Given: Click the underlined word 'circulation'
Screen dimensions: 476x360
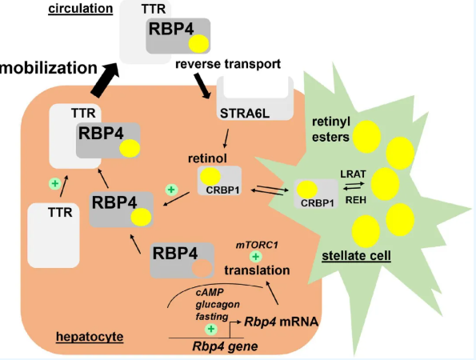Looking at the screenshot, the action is [81, 8].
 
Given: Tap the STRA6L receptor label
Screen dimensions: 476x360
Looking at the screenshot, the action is [245, 114].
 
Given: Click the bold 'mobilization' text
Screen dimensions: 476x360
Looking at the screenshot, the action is [49, 68].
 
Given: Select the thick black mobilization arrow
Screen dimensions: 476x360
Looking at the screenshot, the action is [104, 80].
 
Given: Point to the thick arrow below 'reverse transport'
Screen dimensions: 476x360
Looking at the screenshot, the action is [202, 86].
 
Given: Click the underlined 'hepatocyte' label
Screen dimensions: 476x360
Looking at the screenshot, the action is [90, 337].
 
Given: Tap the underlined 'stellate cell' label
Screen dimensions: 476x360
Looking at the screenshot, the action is [356, 255].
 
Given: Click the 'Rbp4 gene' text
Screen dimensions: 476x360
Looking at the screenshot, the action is [226, 346].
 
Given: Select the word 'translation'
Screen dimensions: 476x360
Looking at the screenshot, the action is [257, 270].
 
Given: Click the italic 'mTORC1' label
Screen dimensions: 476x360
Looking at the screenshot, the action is [257, 245].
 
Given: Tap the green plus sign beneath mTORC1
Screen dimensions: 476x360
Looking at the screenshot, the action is [256, 257].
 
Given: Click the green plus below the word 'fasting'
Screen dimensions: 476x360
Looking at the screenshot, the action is [211, 329].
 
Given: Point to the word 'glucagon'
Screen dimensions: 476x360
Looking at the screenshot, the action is [218, 305].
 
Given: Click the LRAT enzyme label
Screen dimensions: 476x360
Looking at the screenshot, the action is [353, 174].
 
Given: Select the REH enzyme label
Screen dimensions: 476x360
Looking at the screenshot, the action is [356, 200].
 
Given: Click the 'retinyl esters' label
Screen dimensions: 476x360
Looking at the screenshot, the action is [331, 130].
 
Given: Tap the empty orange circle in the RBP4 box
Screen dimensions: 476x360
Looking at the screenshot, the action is [202, 268].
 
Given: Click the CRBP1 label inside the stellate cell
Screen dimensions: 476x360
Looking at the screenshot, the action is [318, 203].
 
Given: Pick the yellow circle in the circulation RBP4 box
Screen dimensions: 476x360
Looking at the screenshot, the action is [199, 44].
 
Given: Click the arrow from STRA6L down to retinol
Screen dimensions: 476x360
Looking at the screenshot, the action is [226, 138].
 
